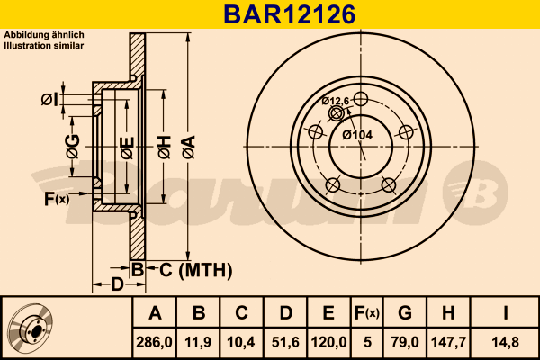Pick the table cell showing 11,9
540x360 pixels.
coord(199,342)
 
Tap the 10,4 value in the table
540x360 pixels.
coord(241,342)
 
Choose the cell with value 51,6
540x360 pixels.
coord(284,342)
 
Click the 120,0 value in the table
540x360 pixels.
coord(328,342)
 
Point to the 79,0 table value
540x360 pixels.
coord(405,342)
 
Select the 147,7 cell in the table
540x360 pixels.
coord(447,342)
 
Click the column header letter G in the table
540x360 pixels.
coord(405,313)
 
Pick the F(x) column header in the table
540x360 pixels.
coord(365,313)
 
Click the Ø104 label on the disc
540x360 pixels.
coord(357,135)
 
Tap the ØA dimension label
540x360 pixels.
coord(187,143)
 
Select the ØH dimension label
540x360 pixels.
coord(163,143)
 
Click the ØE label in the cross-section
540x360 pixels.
coord(128,143)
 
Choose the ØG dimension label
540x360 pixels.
coord(72,143)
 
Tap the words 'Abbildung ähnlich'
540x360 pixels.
coord(44,34)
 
